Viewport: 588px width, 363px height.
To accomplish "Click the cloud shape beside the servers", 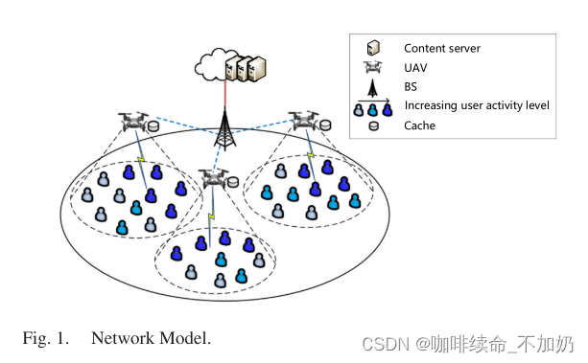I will [208, 65].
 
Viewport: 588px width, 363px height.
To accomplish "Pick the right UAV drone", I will [305, 120].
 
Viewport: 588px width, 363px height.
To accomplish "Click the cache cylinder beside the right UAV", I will [328, 125].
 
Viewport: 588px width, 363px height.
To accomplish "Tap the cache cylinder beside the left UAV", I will [154, 125].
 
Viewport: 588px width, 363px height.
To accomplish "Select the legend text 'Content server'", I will [440, 48].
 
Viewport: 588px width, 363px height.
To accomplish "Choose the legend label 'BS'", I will [412, 86].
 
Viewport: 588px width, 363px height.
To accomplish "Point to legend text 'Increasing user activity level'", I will [477, 105].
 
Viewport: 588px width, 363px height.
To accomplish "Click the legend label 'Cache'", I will [420, 125].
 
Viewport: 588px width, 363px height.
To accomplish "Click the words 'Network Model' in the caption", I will [151, 338].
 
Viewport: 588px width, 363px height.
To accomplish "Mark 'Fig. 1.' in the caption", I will [45, 338].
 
